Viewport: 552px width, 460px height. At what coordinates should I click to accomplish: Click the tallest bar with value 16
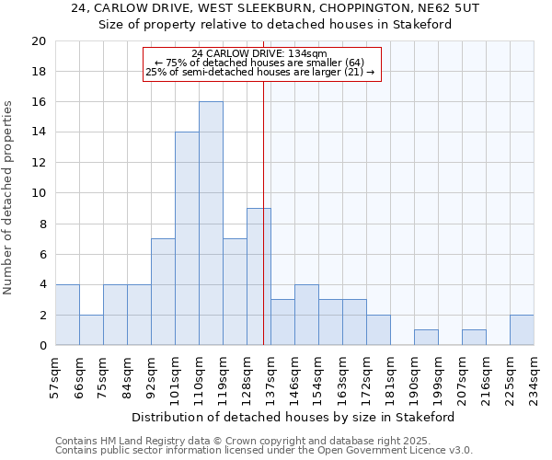(x=211, y=224)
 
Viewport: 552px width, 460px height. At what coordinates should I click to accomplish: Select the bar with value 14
(x=187, y=238)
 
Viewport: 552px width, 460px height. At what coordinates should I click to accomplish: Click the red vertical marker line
(x=264, y=184)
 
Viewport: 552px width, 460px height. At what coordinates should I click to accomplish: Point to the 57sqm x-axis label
(x=55, y=376)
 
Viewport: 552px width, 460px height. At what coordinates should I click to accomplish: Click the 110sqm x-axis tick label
(x=199, y=376)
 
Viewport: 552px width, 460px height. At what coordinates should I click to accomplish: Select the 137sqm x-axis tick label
(x=270, y=376)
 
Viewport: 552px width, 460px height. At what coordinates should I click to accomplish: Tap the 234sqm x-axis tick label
(x=534, y=376)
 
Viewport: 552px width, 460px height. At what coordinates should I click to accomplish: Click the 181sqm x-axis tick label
(x=390, y=376)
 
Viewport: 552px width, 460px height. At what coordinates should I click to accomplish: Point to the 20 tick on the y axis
(x=38, y=41)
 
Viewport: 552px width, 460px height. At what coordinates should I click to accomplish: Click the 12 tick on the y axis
(x=38, y=163)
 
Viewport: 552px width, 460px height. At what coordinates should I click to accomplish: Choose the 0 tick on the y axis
(x=41, y=345)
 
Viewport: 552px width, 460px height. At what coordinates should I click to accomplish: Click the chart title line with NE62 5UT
(x=275, y=8)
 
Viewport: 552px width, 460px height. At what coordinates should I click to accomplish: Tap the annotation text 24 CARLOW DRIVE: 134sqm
(x=260, y=54)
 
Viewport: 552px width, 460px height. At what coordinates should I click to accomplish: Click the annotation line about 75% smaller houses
(x=260, y=63)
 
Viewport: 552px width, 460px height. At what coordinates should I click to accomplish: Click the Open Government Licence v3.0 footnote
(x=263, y=450)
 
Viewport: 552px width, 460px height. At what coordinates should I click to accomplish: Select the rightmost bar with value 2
(x=522, y=330)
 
